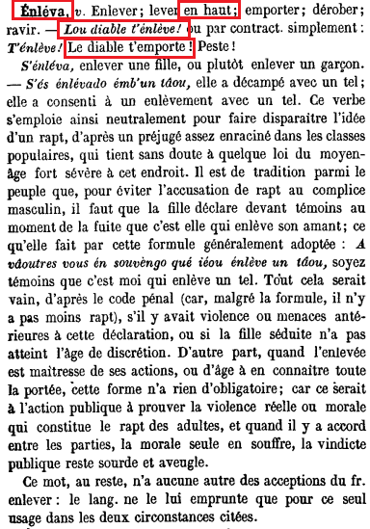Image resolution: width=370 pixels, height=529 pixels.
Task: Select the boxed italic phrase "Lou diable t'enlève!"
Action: [x=103, y=32]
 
